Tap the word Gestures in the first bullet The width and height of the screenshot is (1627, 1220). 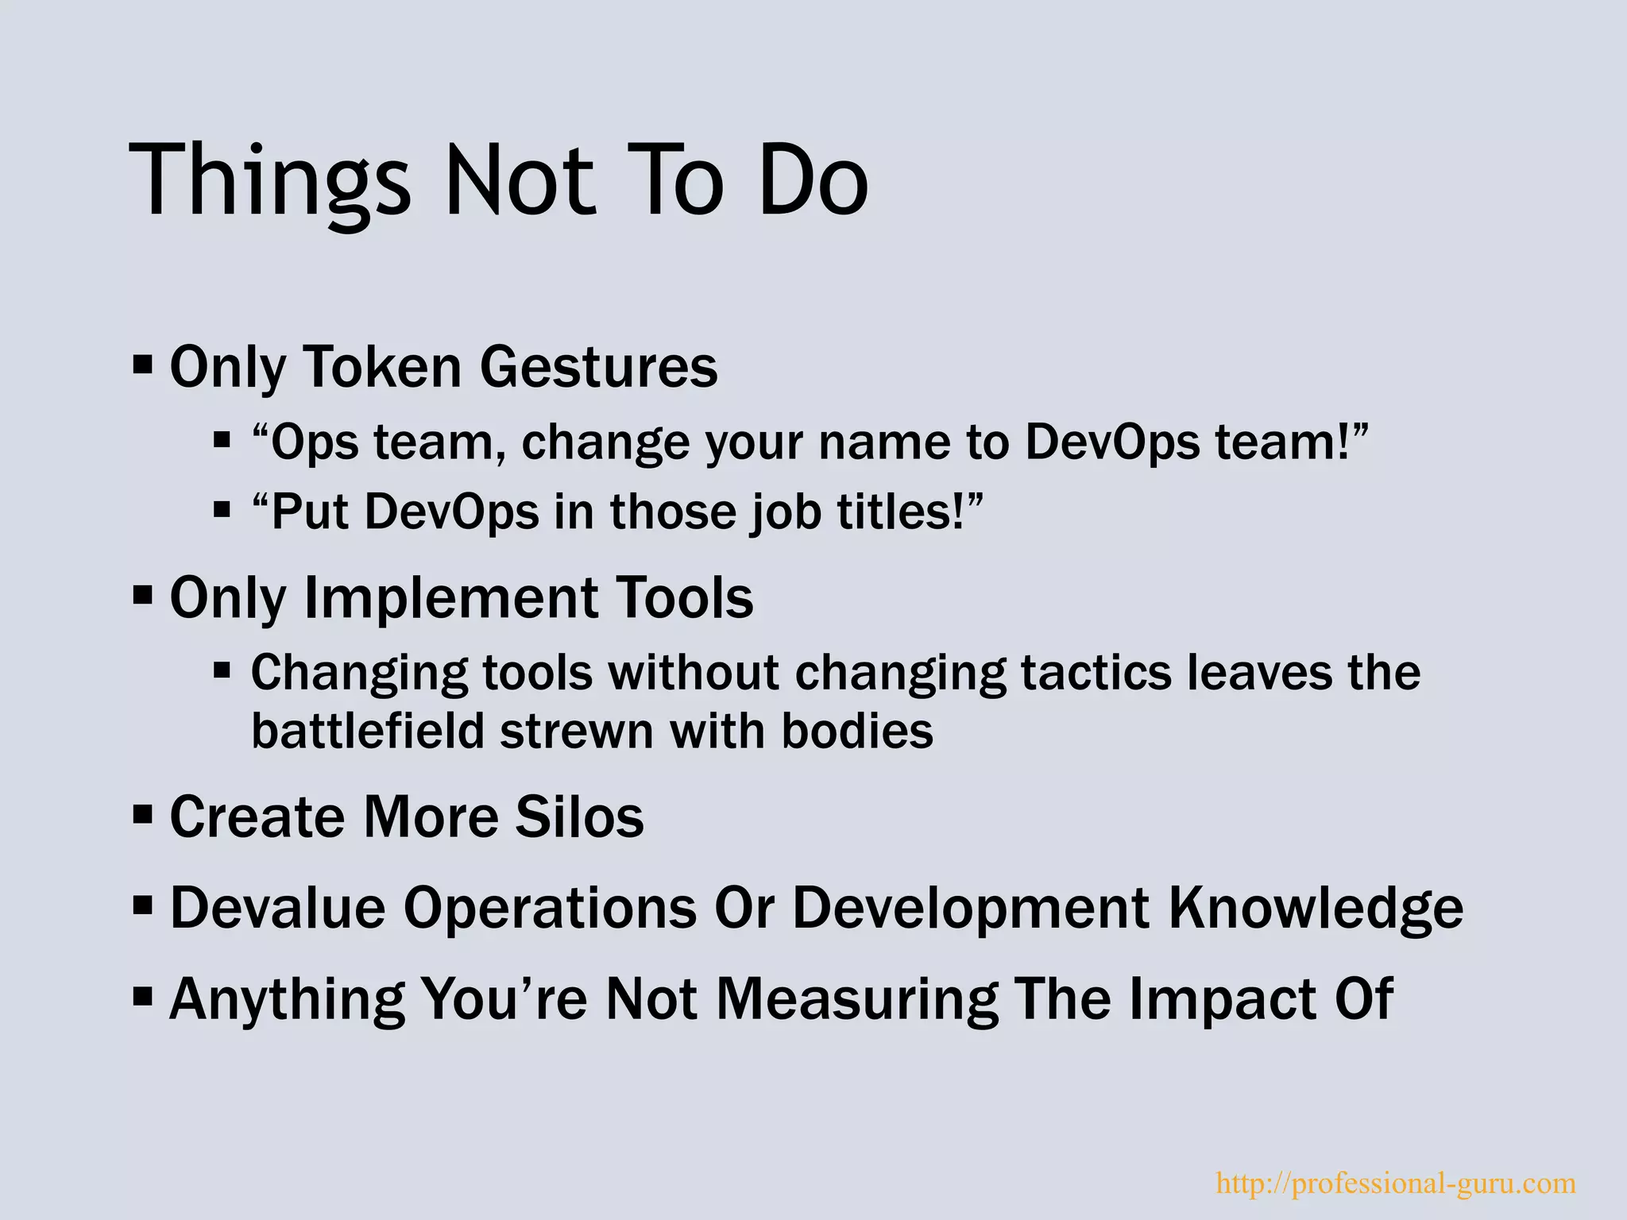pos(598,367)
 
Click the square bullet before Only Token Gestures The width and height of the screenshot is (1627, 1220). pos(143,366)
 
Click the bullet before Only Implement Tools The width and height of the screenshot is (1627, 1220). pos(143,595)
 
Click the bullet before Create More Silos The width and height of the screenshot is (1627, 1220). pos(143,814)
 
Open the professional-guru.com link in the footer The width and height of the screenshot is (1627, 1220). pos(1396,1183)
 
